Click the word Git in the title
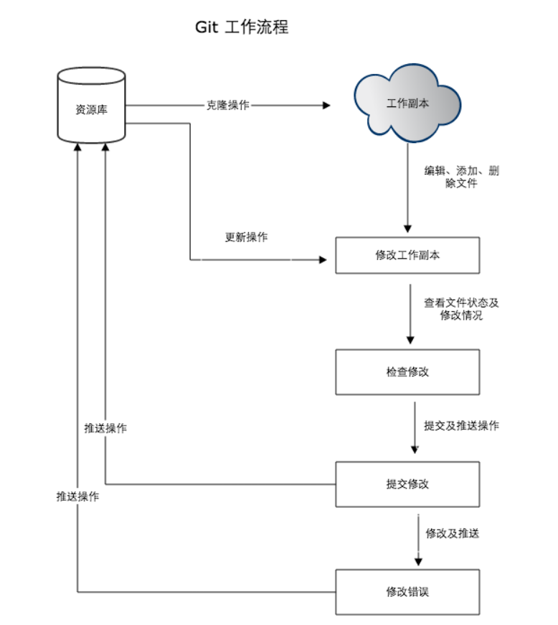pyautogui.click(x=207, y=27)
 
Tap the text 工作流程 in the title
pyautogui.click(x=257, y=27)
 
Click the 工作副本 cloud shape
pyautogui.click(x=407, y=103)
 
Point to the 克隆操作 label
pyautogui.click(x=228, y=105)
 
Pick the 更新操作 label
pyautogui.click(x=246, y=237)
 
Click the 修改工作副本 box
pyautogui.click(x=407, y=255)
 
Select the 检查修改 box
pyautogui.click(x=407, y=372)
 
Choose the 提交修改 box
pyautogui.click(x=407, y=484)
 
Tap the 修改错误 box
pyautogui.click(x=407, y=592)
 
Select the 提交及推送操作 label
pyautogui.click(x=461, y=425)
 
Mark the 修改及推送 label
pyautogui.click(x=452, y=533)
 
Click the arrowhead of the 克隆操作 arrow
pyautogui.click(x=326, y=105)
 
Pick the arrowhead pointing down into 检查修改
pyautogui.click(x=410, y=341)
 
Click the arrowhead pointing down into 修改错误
pyautogui.click(x=418, y=562)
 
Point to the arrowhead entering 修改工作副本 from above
pyautogui.click(x=408, y=228)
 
